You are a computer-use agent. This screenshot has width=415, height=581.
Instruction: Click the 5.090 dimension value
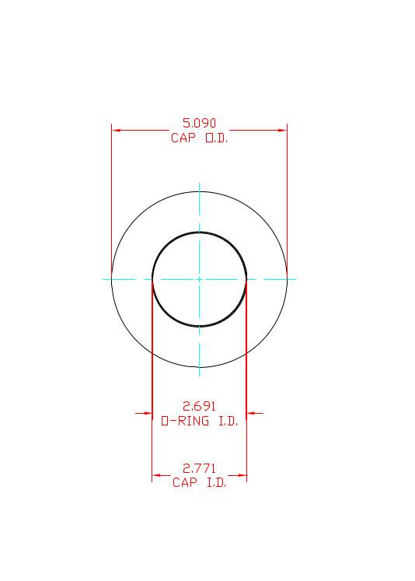point(199,123)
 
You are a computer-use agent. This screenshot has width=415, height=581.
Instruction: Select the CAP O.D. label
point(199,138)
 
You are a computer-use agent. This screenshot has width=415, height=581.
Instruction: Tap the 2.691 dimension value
point(199,406)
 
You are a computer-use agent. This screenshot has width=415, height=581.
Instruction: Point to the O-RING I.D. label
point(199,421)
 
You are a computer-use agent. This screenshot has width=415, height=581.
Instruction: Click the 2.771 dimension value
point(199,468)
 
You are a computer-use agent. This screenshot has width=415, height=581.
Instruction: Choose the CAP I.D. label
point(199,483)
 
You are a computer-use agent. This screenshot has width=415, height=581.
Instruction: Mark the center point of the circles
point(200,278)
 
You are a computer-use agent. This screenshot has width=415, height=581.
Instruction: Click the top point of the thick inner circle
point(200,232)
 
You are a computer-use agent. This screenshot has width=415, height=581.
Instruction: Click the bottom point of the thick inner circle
point(200,326)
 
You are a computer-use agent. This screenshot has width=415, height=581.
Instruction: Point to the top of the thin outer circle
point(200,191)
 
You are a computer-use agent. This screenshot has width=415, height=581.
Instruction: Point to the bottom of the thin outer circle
point(200,367)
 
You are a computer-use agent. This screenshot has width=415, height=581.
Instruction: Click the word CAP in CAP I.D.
point(185,483)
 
